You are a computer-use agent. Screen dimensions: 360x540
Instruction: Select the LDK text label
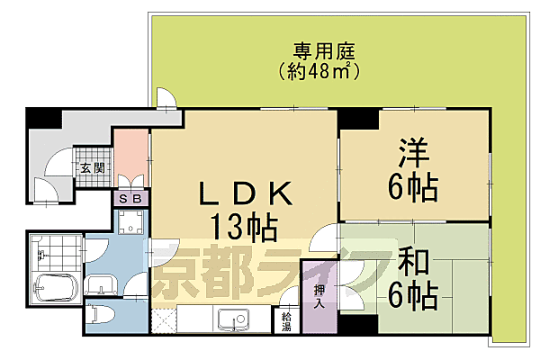pos(244,193)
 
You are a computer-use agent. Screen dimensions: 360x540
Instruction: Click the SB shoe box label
pos(130,200)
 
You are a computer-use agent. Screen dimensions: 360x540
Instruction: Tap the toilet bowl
pos(102,316)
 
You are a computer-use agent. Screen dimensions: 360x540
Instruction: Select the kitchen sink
pos(231,318)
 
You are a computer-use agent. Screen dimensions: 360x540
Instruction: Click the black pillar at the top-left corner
pos(40,118)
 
